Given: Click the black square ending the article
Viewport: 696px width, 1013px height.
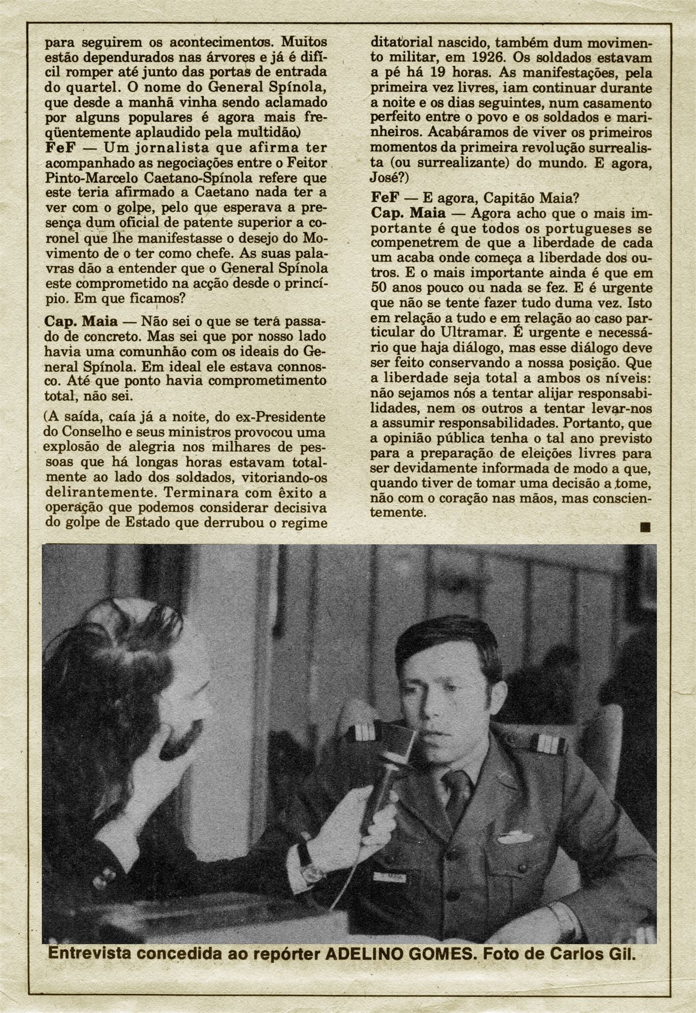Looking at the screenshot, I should pos(645,528).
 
